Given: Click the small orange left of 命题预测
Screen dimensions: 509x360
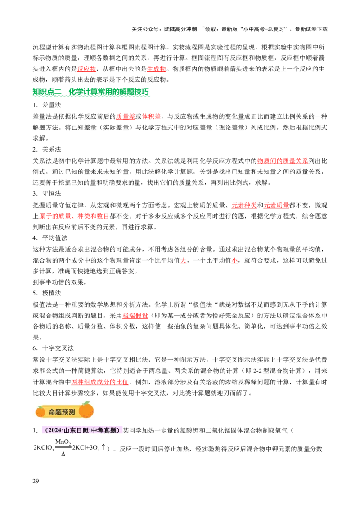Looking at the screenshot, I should point(40,411).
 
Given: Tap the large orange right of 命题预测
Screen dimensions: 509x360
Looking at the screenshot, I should point(86,410).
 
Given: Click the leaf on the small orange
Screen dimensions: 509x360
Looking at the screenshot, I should point(41,406).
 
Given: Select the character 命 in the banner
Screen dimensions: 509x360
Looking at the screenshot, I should point(52,412).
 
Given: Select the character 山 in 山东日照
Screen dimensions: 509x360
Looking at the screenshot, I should point(67,431).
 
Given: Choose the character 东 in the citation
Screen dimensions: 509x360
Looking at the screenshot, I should point(73,431).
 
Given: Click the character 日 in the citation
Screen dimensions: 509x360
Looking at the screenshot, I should point(80,431).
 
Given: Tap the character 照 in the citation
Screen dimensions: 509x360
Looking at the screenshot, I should point(86,431).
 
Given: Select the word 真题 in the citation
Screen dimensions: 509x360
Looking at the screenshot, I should point(110,431).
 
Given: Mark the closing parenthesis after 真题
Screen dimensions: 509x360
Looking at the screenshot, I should point(118,431).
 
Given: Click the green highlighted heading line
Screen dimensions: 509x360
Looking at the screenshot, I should point(90,92).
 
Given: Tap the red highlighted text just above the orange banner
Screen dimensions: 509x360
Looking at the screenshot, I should point(99,383).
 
